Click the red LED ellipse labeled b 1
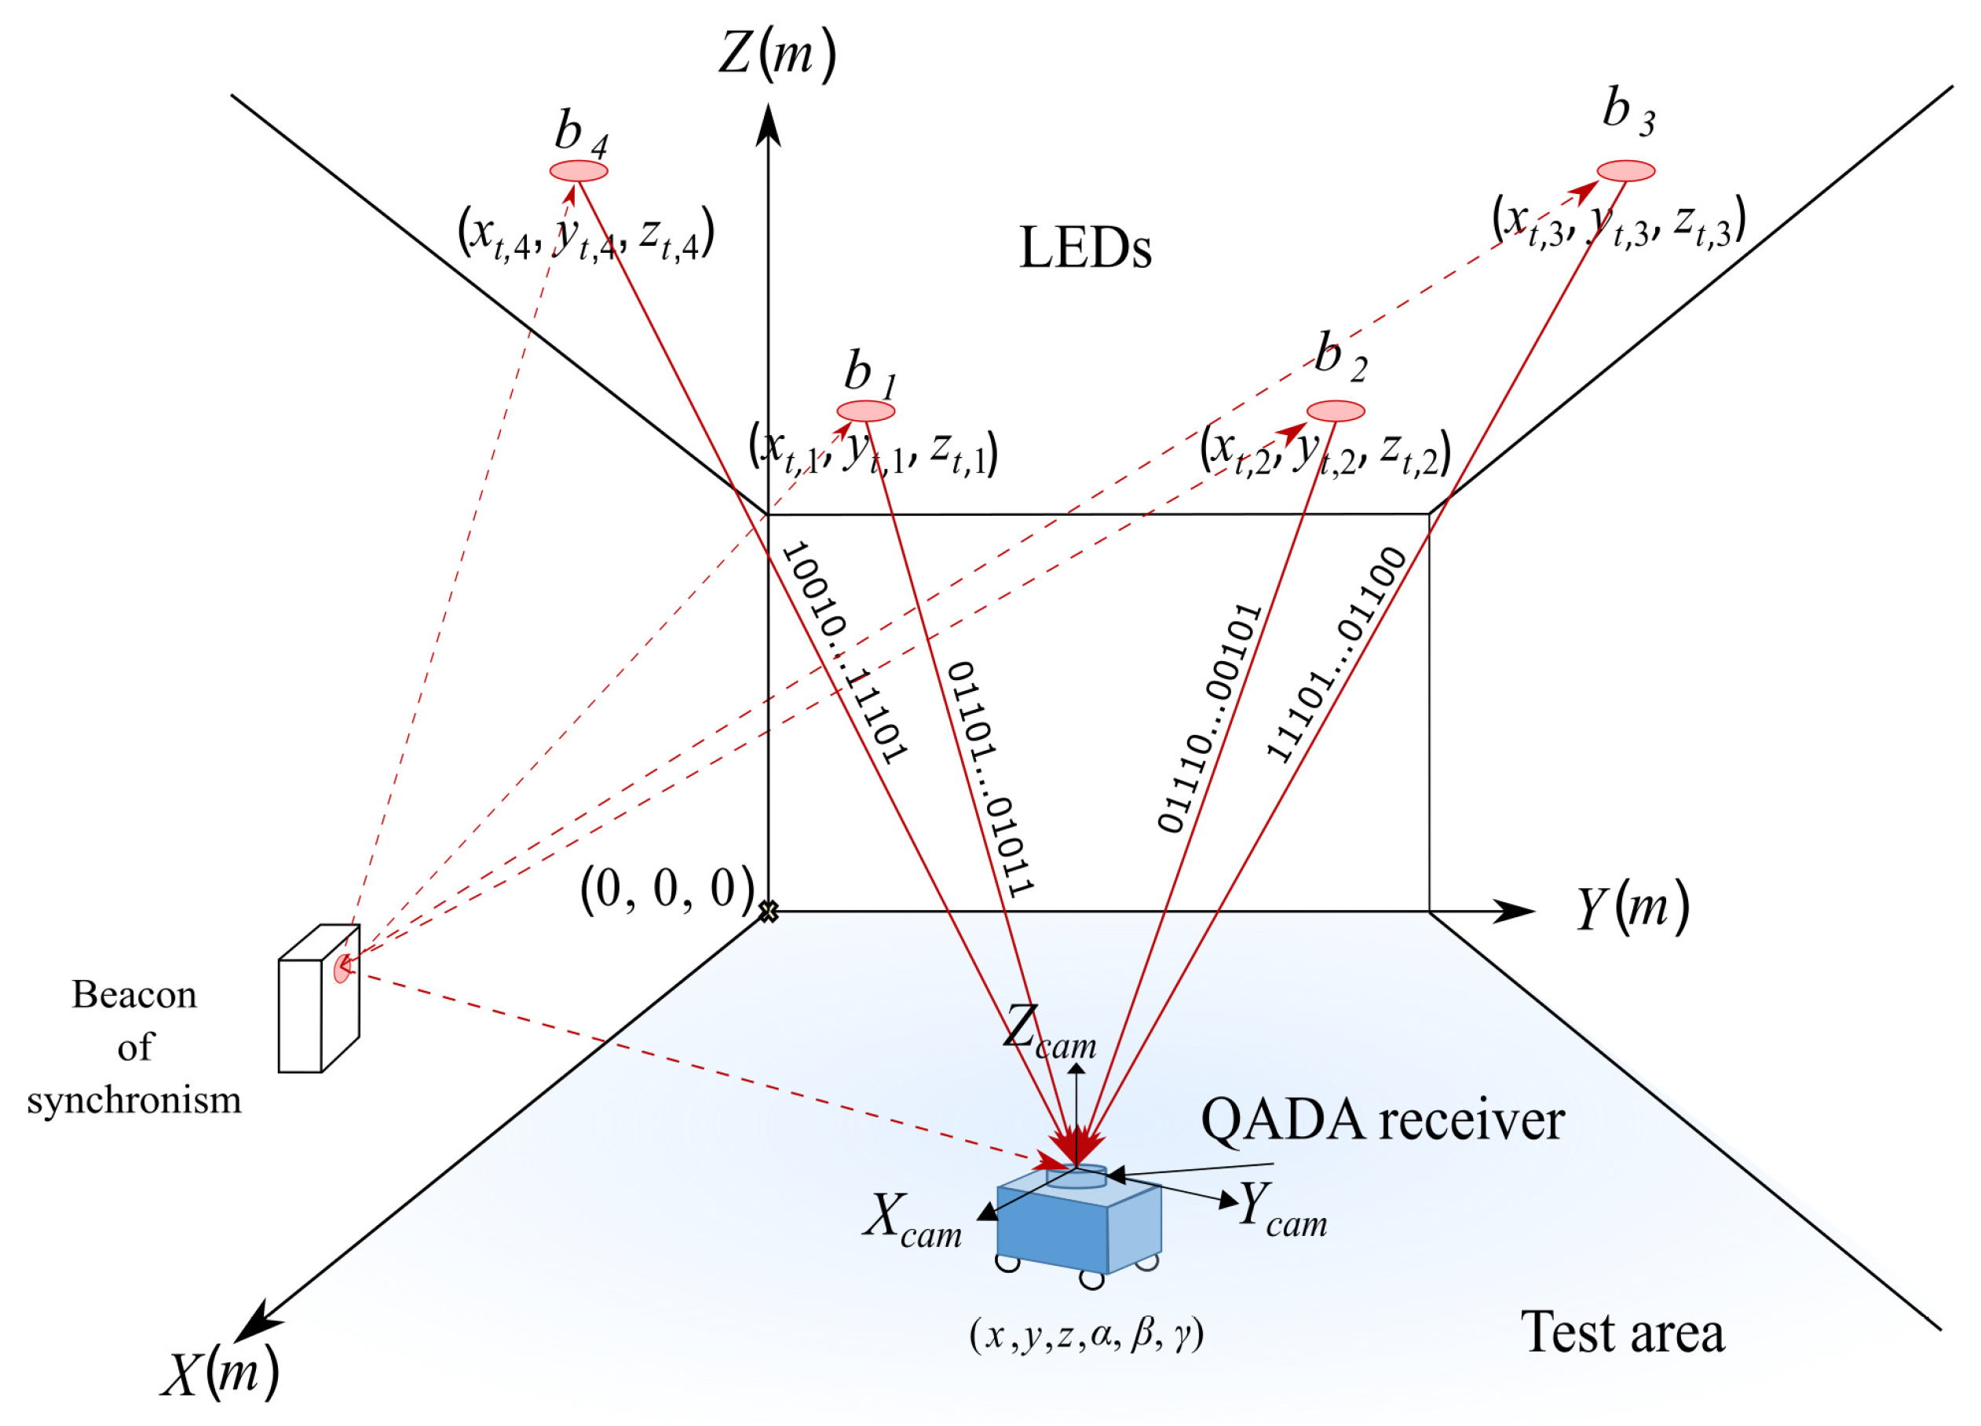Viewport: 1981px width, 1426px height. click(865, 410)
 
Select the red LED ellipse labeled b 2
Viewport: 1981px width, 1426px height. click(1336, 411)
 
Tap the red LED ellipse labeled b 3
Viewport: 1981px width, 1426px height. click(1625, 170)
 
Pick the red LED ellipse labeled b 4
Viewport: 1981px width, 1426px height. click(578, 170)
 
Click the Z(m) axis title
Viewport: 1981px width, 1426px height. click(777, 54)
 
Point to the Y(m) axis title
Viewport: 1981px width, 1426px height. click(1632, 909)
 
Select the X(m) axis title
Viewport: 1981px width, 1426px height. click(220, 1373)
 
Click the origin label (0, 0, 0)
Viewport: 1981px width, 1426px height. click(667, 890)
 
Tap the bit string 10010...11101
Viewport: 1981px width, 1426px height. click(845, 653)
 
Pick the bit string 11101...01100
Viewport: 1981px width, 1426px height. click(1336, 656)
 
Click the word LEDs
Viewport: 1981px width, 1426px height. click(1085, 249)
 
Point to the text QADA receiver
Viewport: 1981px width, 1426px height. click(1382, 1121)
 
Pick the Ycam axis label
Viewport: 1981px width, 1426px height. click(1281, 1210)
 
